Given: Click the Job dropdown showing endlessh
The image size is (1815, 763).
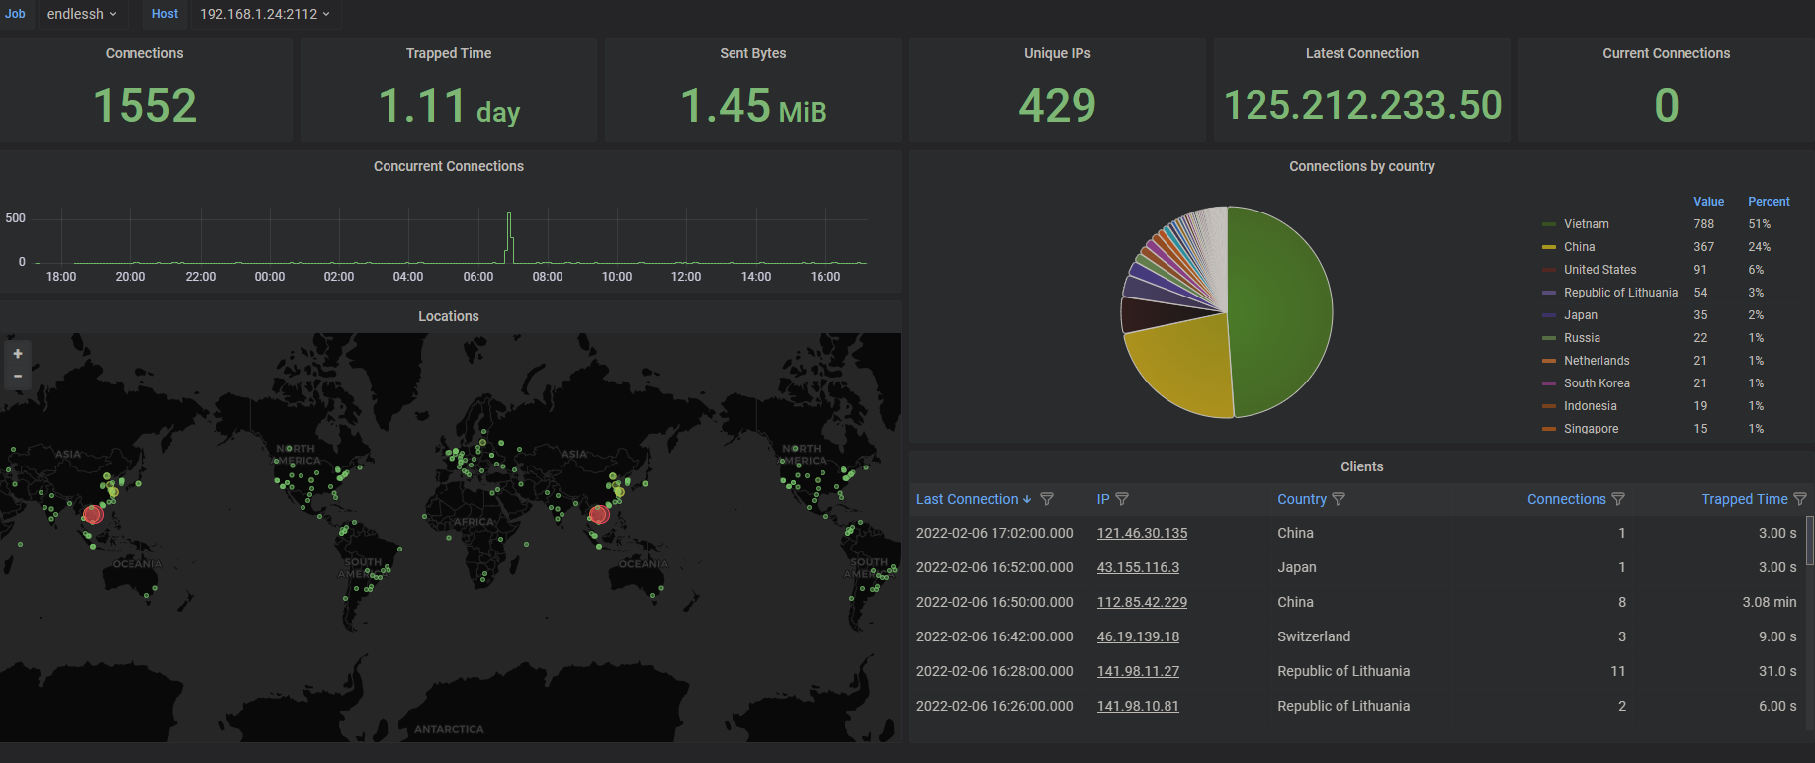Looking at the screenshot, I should (82, 14).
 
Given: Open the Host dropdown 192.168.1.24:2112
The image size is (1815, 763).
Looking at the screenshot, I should (264, 14).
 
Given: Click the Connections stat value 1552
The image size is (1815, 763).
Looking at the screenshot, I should (144, 106).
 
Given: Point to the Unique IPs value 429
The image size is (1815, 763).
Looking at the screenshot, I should (1057, 106).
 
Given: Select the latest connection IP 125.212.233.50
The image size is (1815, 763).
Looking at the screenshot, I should (1362, 106).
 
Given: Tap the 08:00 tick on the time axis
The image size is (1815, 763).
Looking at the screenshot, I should (547, 277).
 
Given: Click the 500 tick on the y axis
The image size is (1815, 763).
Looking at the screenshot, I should (16, 218).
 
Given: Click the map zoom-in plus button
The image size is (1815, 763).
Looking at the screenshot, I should (18, 354).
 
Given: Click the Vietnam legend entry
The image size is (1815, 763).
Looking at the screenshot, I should (1586, 224).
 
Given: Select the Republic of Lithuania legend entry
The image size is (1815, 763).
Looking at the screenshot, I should (1619, 293).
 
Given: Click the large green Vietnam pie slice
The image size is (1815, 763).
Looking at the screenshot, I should (1285, 306).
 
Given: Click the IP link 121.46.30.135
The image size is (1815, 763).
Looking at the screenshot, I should (1142, 533).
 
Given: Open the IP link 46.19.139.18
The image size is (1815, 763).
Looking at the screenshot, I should (1138, 636).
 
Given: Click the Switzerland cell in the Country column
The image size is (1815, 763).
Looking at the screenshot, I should (1313, 636).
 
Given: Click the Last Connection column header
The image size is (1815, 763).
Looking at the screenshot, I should (967, 499).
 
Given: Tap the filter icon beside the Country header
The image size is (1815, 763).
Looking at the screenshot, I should (1339, 499).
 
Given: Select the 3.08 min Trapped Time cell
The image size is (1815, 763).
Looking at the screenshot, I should (1769, 602).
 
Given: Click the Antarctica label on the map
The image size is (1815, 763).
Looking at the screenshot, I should (449, 729).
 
